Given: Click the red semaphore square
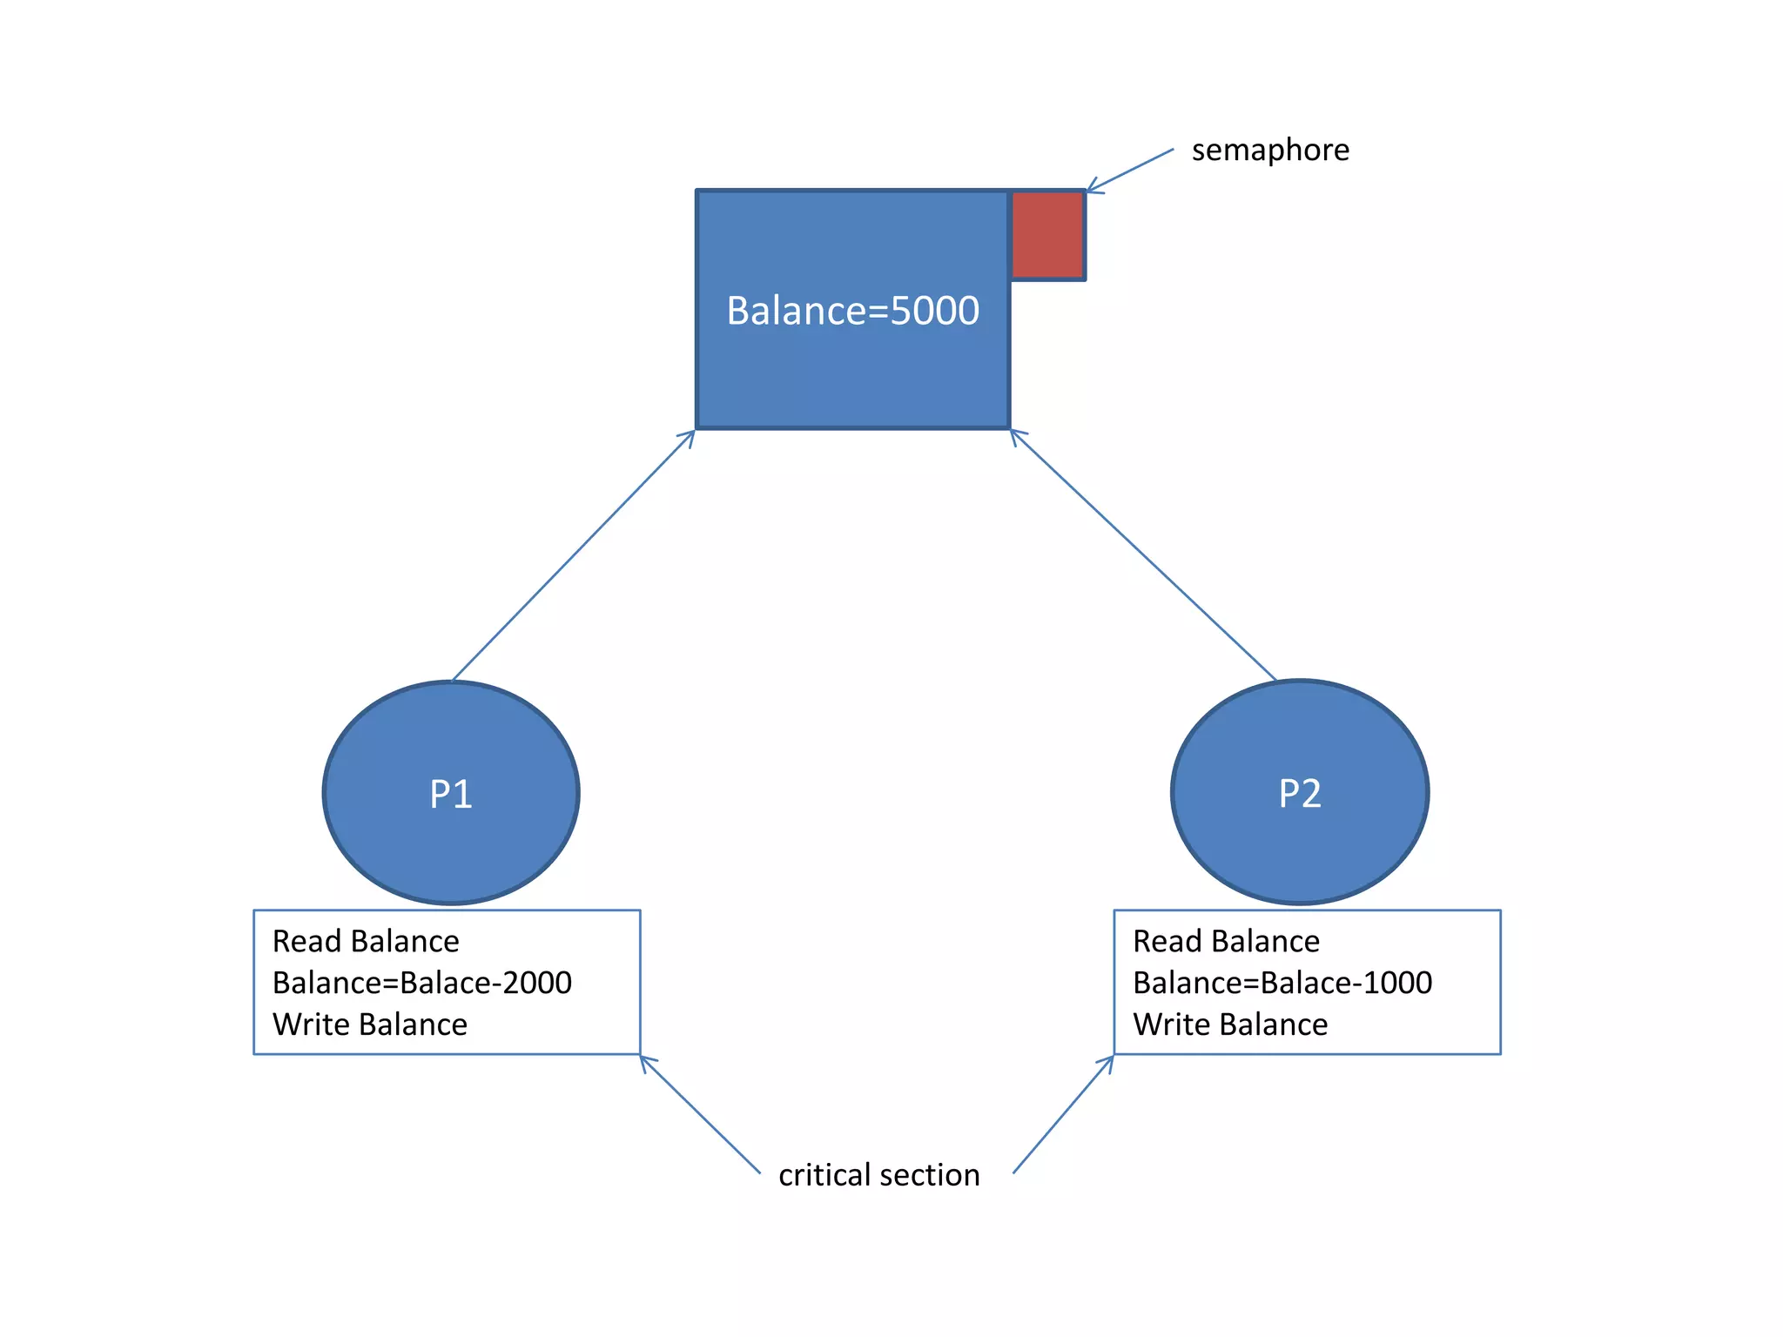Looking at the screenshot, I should (1047, 235).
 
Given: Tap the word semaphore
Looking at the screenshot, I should (1270, 151).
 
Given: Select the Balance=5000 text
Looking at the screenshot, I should (852, 311).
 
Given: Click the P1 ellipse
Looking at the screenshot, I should (451, 793).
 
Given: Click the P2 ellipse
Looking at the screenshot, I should (1300, 793).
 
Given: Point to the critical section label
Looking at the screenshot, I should (879, 1175).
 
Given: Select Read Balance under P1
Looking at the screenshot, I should (366, 942).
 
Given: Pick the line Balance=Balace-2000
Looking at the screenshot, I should (422, 983).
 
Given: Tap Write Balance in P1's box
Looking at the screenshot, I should (370, 1025).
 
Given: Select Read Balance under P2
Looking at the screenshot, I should (1226, 942).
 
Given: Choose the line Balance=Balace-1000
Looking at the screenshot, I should (1282, 983).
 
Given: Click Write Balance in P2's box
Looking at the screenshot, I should (1230, 1025).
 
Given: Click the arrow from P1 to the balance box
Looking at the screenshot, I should (574, 555).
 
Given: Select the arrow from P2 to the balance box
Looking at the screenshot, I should (1143, 555).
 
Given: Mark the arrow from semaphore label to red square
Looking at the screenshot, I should (1130, 170).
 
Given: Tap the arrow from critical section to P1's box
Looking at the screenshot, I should (700, 1114).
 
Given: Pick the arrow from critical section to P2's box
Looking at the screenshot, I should (1064, 1114).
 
